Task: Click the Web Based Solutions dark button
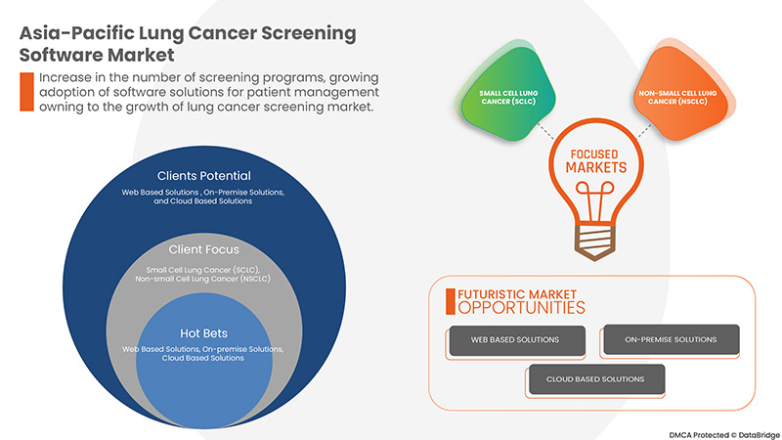516,339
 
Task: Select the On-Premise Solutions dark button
670,339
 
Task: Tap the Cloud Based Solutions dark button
594,379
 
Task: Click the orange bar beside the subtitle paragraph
26,92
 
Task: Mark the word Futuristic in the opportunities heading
486,292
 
